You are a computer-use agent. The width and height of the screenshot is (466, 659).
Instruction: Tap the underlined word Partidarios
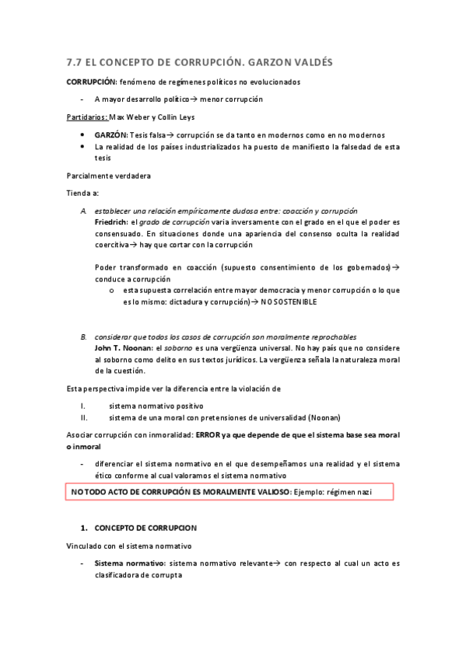[x=86, y=118]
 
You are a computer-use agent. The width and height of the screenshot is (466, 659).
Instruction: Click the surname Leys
[x=192, y=118]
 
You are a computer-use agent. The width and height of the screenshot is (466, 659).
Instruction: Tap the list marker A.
[x=84, y=211]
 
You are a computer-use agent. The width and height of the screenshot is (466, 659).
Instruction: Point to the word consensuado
[x=118, y=232]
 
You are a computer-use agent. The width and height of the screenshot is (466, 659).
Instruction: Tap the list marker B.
[x=84, y=336]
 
